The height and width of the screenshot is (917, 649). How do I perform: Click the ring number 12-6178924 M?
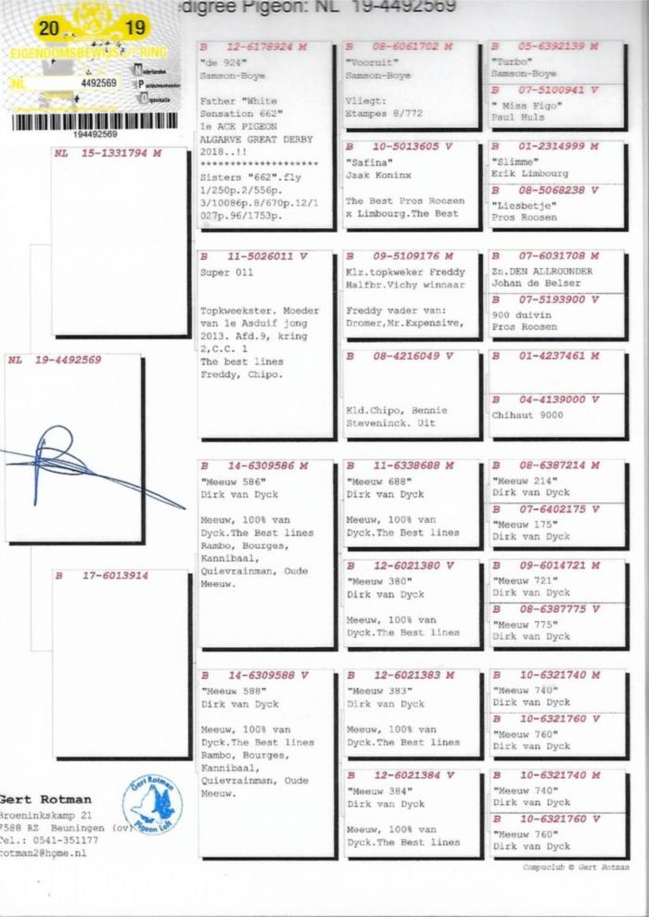click(253, 46)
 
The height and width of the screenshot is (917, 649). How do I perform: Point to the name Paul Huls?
click(516, 119)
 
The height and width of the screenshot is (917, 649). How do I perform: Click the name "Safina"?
click(367, 160)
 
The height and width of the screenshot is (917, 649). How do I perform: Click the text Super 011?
click(226, 274)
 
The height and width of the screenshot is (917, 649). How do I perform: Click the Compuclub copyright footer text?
click(575, 867)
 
